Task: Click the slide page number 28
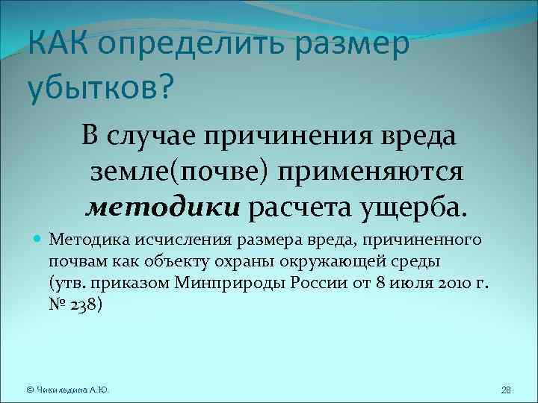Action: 505,390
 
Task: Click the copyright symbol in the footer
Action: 29,390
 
